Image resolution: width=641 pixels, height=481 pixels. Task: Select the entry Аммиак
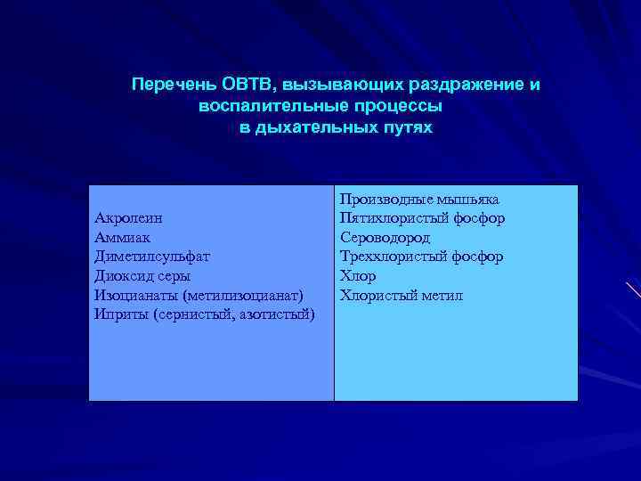(122, 238)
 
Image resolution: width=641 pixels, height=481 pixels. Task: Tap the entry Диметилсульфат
(152, 257)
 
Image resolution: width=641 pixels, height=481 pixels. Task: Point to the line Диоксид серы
(142, 276)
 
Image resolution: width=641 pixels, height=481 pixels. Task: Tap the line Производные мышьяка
(419, 199)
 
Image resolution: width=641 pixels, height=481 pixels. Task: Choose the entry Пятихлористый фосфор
(422, 218)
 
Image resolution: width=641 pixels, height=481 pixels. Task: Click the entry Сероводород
(385, 238)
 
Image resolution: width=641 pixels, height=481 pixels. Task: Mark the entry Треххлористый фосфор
(421, 257)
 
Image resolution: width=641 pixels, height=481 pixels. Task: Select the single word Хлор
(358, 276)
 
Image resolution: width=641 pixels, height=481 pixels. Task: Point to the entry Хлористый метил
(402, 295)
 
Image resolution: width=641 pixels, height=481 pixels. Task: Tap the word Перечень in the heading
(168, 85)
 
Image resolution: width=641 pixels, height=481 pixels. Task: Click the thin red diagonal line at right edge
(633, 289)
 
